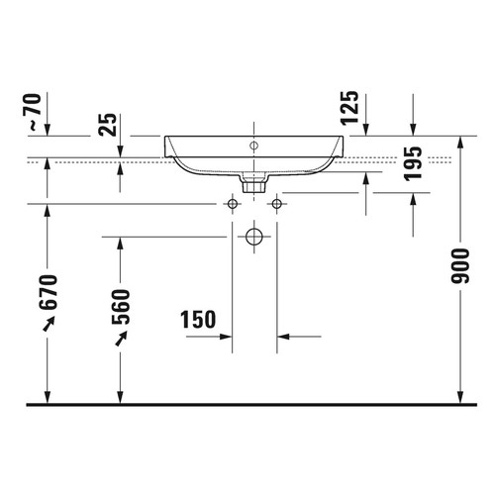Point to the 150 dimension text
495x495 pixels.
click(x=199, y=319)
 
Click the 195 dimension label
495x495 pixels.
click(x=413, y=163)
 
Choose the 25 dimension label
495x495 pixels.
click(x=108, y=123)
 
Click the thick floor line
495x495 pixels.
click(x=247, y=404)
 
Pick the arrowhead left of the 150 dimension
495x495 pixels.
click(x=226, y=336)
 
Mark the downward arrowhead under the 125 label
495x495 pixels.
click(x=366, y=130)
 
